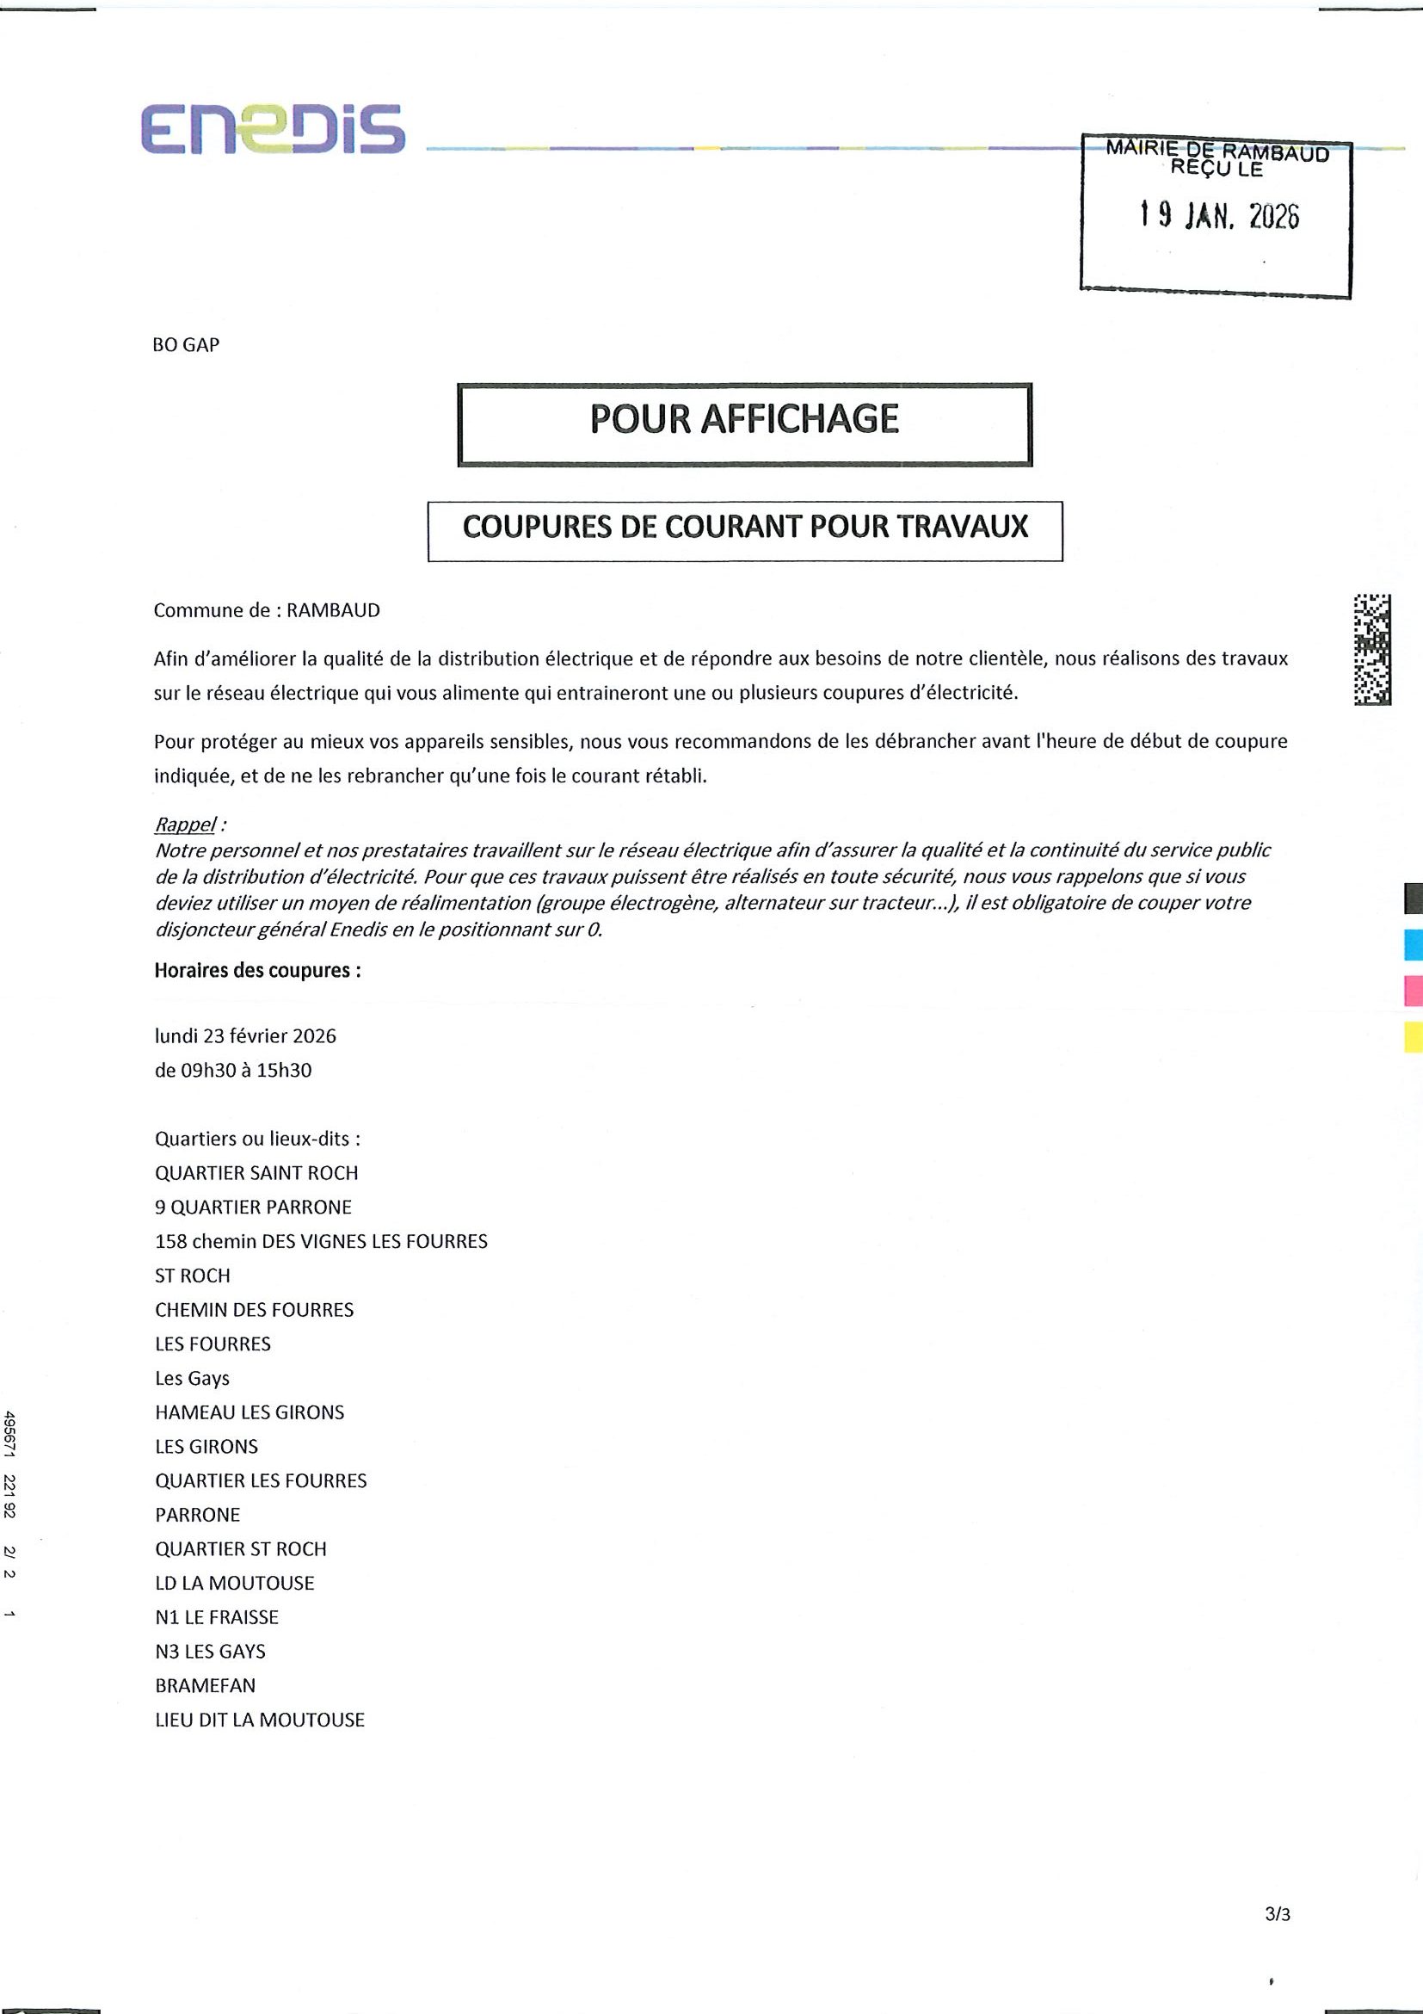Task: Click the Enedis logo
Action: (273, 130)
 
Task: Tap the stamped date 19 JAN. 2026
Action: (1219, 215)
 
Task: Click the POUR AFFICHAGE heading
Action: (744, 419)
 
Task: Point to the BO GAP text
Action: (186, 345)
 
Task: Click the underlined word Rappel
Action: (185, 825)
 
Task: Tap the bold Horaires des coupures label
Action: (257, 970)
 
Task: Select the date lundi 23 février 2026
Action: (245, 1036)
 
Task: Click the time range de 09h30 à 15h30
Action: (233, 1070)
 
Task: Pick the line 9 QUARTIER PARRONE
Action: (254, 1207)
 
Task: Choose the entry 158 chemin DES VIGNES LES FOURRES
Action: (321, 1241)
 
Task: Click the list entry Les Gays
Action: (192, 1378)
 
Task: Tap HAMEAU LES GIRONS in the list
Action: (249, 1412)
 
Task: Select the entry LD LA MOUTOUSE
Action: (234, 1584)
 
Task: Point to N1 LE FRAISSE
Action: (217, 1617)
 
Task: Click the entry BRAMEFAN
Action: (205, 1686)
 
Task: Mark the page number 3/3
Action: (1278, 1890)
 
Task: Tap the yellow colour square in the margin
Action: (1413, 1037)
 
